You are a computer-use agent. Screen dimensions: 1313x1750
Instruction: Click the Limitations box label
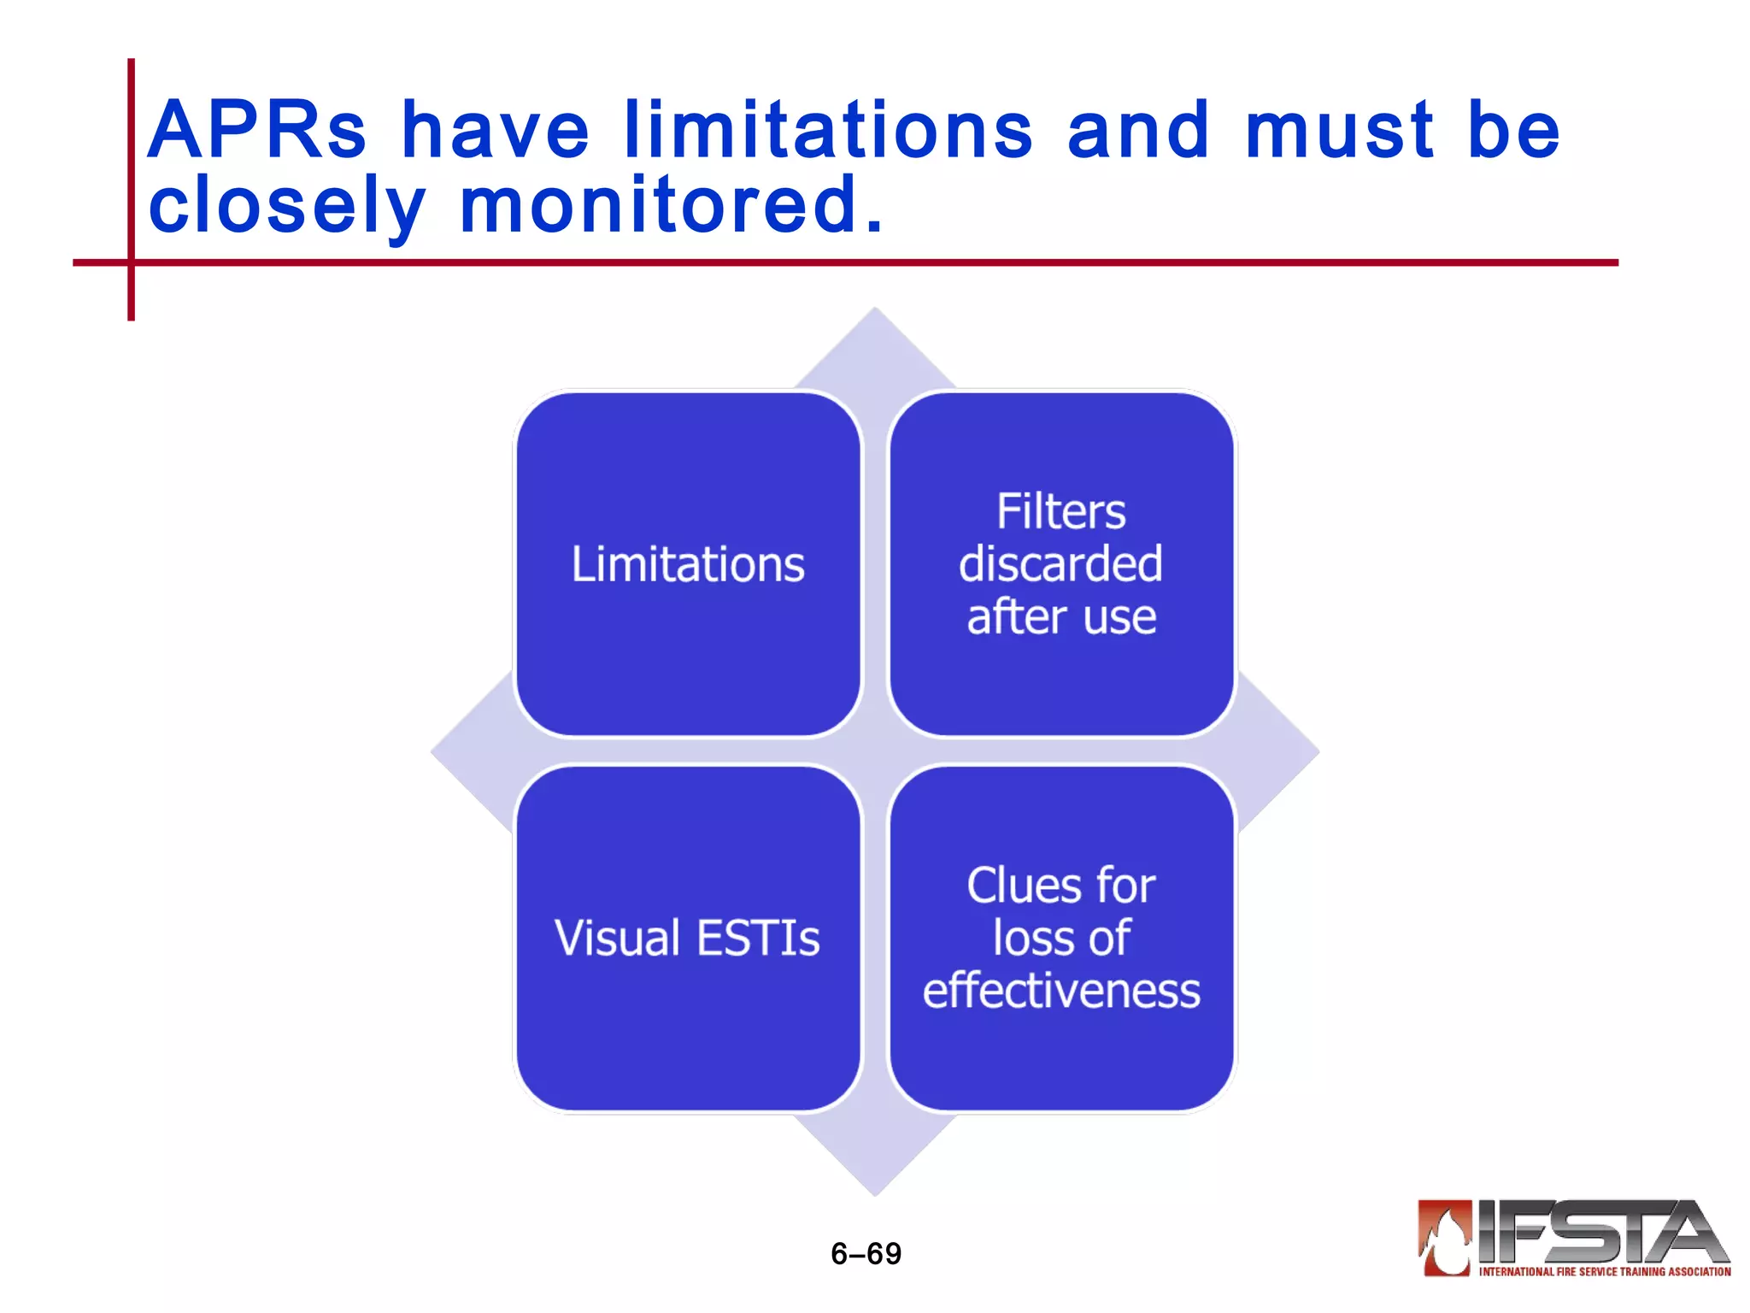point(688,564)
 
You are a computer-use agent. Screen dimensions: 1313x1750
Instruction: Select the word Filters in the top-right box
point(1061,512)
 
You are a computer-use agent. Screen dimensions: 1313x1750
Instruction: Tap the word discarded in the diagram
point(1061,564)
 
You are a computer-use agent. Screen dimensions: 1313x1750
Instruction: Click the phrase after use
point(1061,617)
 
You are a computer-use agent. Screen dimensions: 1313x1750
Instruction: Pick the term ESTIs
point(758,938)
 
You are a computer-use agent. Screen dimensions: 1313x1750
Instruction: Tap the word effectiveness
point(1061,991)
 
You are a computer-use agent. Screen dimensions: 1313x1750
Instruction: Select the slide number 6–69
point(866,1253)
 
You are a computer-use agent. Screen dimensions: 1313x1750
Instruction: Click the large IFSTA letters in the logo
point(1598,1232)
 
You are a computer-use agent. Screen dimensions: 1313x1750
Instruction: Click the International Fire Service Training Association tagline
point(1604,1272)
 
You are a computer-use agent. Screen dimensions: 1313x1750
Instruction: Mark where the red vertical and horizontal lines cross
point(131,262)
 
